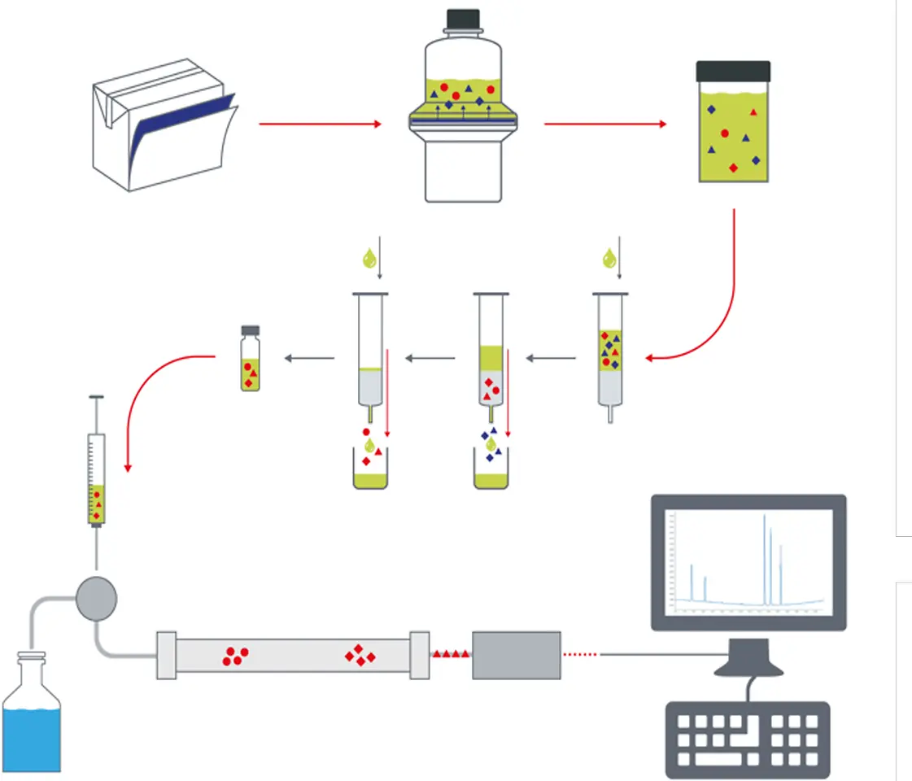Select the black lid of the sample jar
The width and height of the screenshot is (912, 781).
733,71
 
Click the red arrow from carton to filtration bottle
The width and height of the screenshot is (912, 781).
320,124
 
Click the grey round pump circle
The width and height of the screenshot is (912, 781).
97,599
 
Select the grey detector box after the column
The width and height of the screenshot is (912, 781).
517,655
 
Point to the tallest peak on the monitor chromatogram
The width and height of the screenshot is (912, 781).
765,561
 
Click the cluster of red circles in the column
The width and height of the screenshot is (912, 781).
236,656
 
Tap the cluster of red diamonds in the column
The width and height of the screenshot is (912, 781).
359,655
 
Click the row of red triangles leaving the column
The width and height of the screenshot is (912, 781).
451,653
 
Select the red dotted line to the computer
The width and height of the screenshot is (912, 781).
582,653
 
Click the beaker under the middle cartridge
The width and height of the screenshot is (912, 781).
491,472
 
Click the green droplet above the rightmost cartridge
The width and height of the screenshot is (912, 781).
609,259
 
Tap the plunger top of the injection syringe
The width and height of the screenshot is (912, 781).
97,398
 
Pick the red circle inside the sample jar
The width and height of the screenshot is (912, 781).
724,133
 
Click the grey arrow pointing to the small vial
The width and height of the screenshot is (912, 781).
309,358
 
